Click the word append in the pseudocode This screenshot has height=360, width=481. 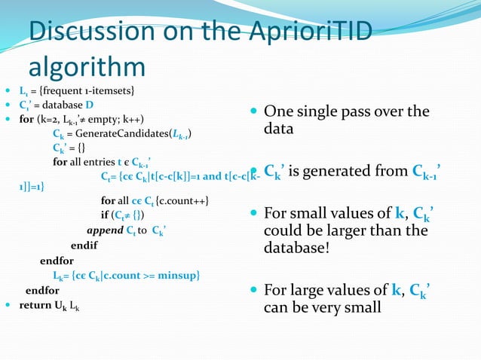104,230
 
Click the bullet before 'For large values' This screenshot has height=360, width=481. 254,290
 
